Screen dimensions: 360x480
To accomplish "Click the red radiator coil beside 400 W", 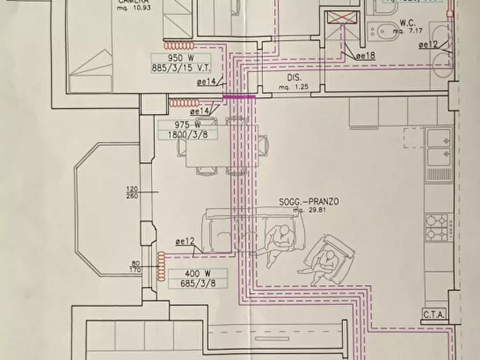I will [x=159, y=265].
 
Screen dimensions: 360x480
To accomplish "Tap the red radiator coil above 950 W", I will [x=180, y=46].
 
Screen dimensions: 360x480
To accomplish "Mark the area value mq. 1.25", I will [x=293, y=85].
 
